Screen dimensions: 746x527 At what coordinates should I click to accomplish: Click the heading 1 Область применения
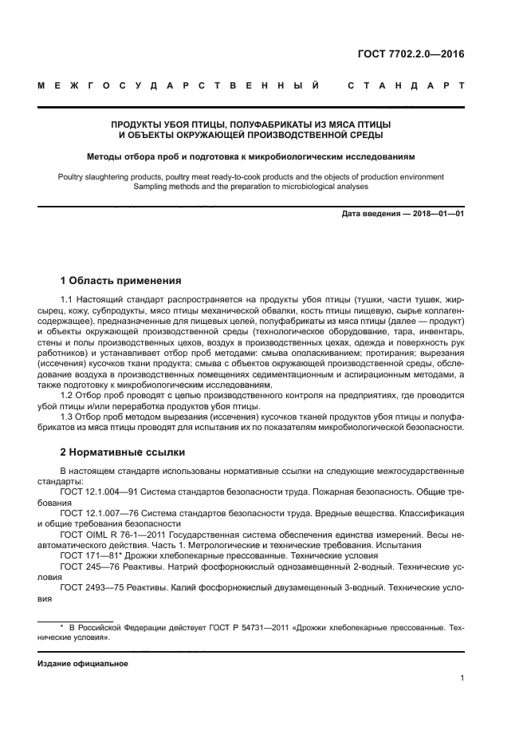120,280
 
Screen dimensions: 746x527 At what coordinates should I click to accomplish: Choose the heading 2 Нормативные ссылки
123,452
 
